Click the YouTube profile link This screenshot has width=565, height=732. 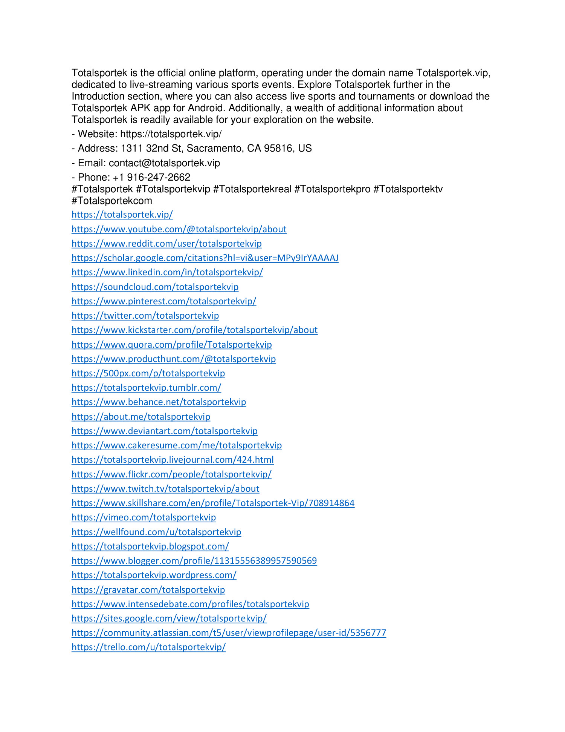pyautogui.click(x=179, y=229)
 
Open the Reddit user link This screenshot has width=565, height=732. pyautogui.click(x=166, y=244)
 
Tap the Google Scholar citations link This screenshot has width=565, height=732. pyautogui.click(x=205, y=258)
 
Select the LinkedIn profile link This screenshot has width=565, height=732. pyautogui.click(x=167, y=272)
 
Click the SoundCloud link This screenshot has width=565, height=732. pyautogui.click(x=155, y=287)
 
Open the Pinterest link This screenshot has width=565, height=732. pyautogui.click(x=164, y=301)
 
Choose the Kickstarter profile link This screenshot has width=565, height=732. pyautogui.click(x=194, y=330)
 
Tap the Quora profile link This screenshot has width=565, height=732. pyautogui.click(x=171, y=345)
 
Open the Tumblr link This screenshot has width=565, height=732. pyautogui.click(x=146, y=388)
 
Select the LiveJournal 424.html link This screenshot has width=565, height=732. pyautogui.click(x=173, y=460)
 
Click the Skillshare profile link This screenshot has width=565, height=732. pyautogui.click(x=213, y=503)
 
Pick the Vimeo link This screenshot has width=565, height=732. pyautogui.click(x=144, y=517)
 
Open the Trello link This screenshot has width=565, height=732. pyautogui.click(x=148, y=647)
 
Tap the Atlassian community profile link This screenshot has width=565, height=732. pyautogui.click(x=229, y=633)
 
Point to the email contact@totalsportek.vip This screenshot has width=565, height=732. pyautogui.click(x=164, y=163)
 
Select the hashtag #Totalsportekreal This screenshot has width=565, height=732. pyautogui.click(x=252, y=189)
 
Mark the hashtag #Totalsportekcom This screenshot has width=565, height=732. pyautogui.click(x=112, y=201)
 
